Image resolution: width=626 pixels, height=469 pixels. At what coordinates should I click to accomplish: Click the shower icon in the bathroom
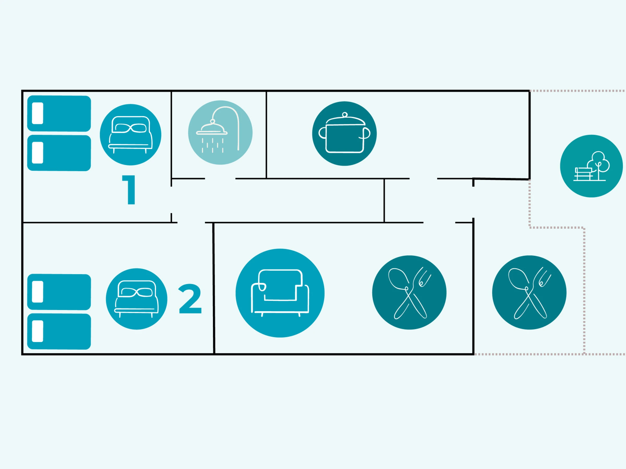[220, 133]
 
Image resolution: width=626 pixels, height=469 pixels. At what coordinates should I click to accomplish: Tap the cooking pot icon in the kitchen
[344, 133]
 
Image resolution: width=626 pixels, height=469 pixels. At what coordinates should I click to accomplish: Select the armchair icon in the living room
[280, 293]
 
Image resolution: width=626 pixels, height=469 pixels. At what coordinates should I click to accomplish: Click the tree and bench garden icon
[591, 166]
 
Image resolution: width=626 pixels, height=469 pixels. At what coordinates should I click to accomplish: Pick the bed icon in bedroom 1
[130, 134]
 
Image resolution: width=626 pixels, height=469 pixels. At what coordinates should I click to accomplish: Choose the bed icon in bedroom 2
[136, 299]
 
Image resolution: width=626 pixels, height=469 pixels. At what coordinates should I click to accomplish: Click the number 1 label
[129, 189]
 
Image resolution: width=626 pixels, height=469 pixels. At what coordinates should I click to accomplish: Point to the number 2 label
[190, 299]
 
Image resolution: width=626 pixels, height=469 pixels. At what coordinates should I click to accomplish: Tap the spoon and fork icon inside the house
[409, 292]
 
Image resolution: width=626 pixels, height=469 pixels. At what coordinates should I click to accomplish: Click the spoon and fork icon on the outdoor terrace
[529, 292]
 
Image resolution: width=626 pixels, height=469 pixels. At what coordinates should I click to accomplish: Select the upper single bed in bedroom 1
[59, 113]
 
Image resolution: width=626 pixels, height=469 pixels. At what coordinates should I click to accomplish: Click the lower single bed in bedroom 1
[59, 153]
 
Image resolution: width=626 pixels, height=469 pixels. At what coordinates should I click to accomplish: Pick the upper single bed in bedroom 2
[59, 292]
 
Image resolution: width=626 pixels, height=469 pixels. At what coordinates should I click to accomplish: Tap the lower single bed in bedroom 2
[59, 331]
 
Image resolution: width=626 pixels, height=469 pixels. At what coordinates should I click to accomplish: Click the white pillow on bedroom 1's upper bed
[38, 113]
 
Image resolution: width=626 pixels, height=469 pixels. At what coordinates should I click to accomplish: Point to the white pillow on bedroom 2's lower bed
[38, 331]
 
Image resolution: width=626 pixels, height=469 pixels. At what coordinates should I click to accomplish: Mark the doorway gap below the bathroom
[220, 179]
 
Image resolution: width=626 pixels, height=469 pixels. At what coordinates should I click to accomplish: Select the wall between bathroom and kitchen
[266, 134]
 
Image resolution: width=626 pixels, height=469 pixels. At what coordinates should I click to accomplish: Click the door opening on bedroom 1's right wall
[171, 200]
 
